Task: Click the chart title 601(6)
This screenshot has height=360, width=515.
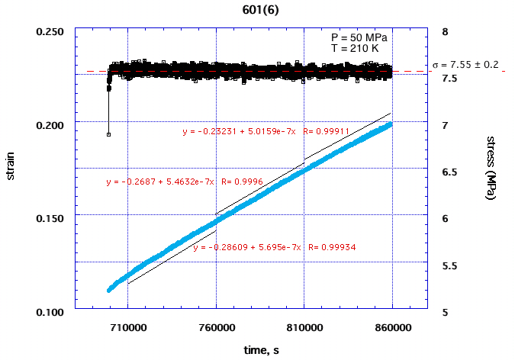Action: pyautogui.click(x=257, y=9)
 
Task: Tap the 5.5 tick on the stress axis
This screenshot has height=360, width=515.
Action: pyautogui.click(x=448, y=265)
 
